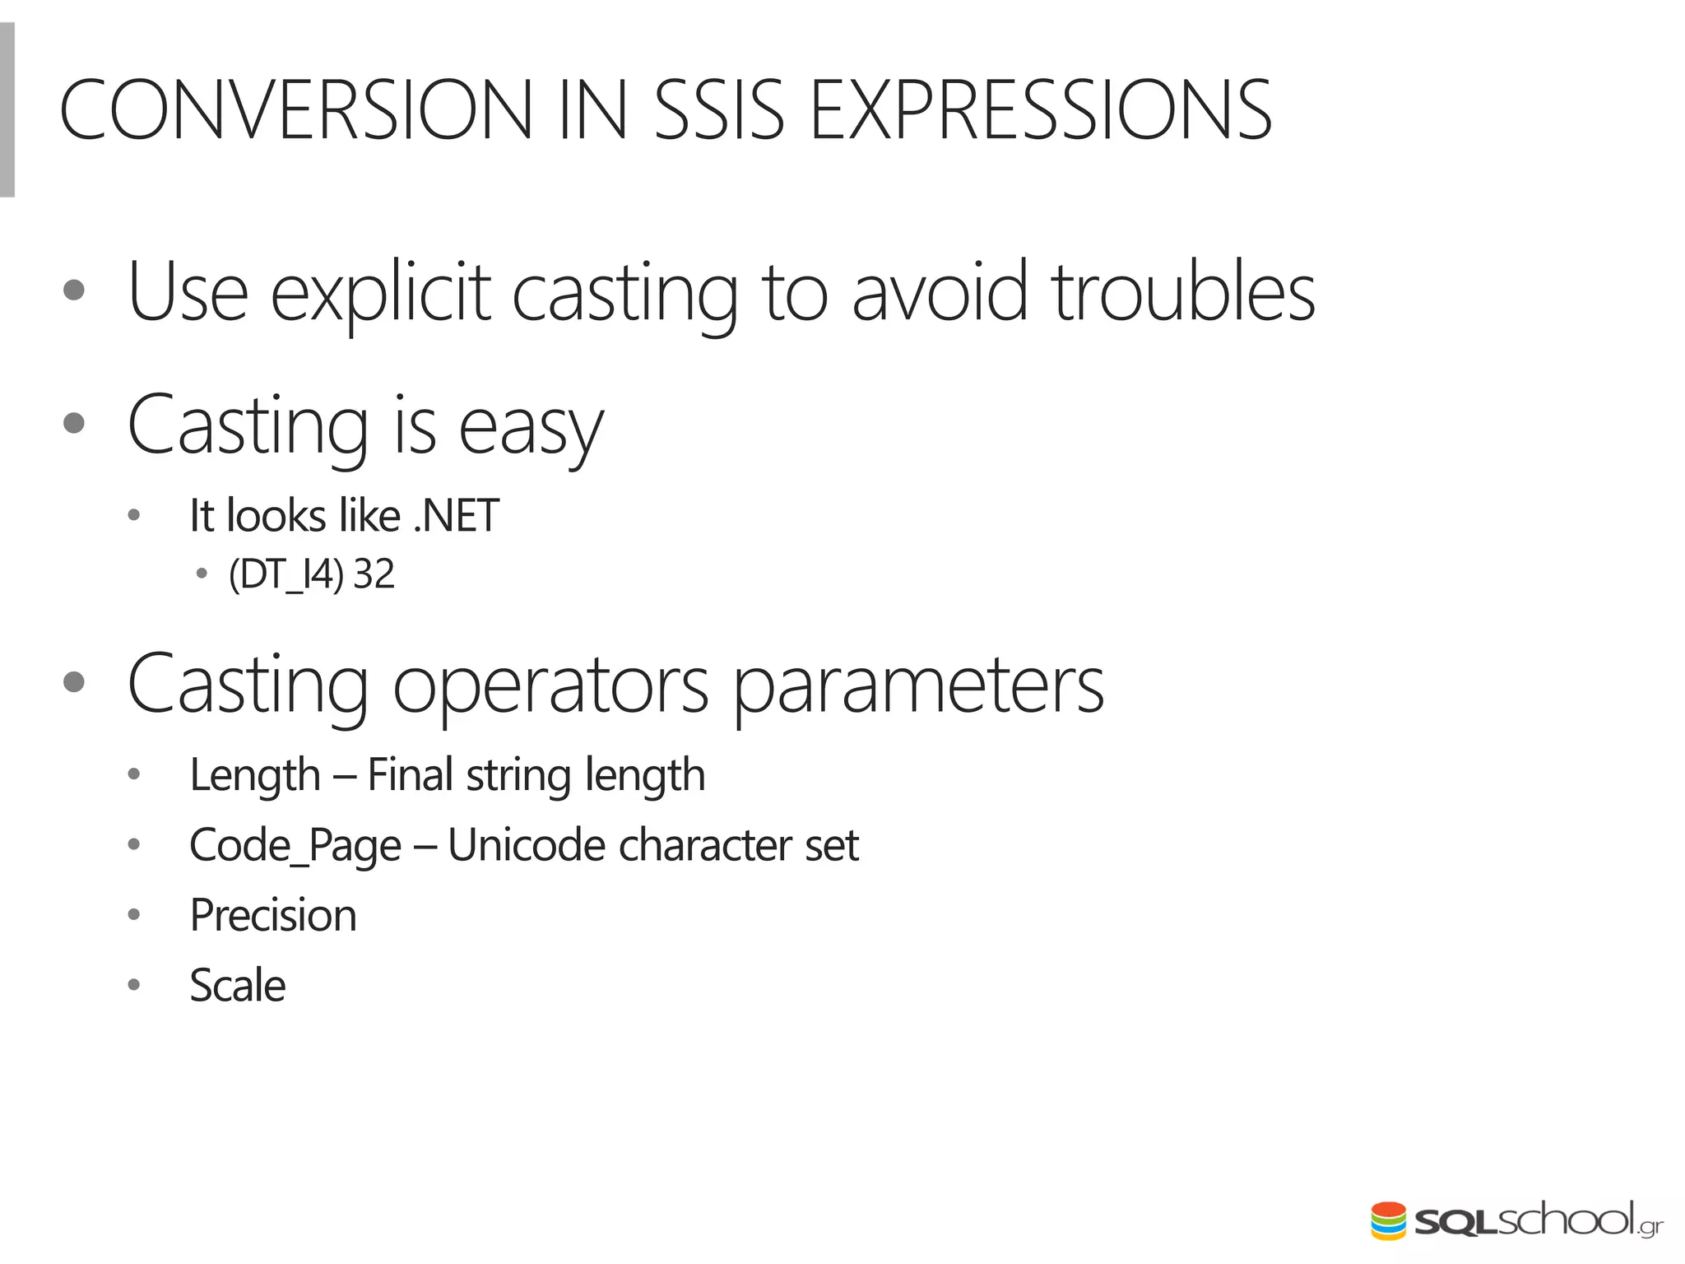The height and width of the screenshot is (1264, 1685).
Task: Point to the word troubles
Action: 1183,292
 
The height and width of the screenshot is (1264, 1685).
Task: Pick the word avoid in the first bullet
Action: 939,292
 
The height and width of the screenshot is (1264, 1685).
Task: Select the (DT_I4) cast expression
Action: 285,574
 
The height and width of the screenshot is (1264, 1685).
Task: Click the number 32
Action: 374,574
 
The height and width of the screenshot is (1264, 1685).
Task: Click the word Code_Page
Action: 295,846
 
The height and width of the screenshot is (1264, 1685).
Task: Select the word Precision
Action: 273,915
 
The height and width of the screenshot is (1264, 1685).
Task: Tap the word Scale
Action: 237,985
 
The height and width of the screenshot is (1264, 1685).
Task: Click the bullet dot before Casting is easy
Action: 74,423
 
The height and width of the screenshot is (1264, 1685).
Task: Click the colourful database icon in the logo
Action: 1388,1220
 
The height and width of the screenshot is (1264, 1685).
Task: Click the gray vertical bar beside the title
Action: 7,109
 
